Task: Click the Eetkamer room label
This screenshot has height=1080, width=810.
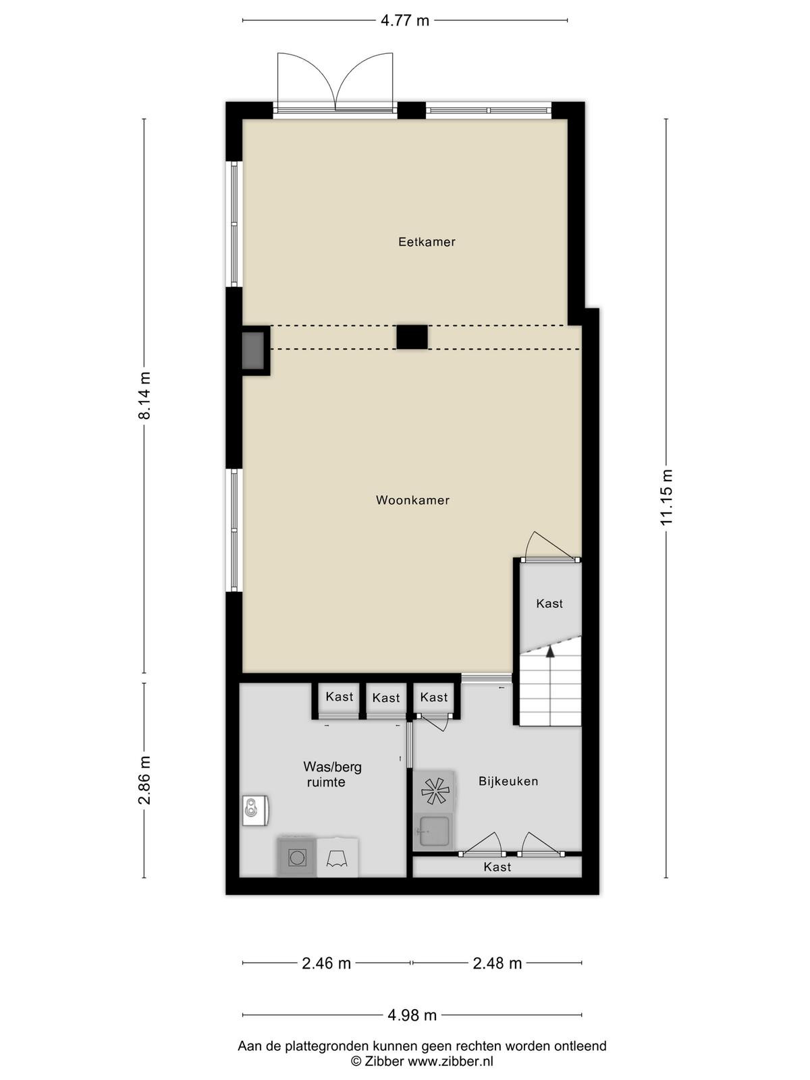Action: [427, 242]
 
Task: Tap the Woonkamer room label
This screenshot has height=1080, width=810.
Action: [412, 500]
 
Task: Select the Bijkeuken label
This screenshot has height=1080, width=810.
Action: [508, 781]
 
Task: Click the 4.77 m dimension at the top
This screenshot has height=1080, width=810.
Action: [405, 21]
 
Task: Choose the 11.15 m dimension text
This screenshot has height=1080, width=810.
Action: [666, 497]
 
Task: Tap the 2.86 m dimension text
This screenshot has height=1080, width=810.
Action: [144, 780]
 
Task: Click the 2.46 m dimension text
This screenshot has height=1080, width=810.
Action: [326, 963]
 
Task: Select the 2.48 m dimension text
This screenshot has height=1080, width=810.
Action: [497, 963]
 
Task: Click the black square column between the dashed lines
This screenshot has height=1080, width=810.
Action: [412, 337]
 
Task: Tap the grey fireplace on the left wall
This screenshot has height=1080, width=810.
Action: [254, 350]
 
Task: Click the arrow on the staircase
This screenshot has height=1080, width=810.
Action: [550, 653]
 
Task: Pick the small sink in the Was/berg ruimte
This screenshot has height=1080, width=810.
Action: [254, 810]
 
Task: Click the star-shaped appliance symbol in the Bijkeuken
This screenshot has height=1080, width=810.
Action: [435, 790]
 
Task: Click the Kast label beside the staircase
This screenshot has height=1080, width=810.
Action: [549, 603]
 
